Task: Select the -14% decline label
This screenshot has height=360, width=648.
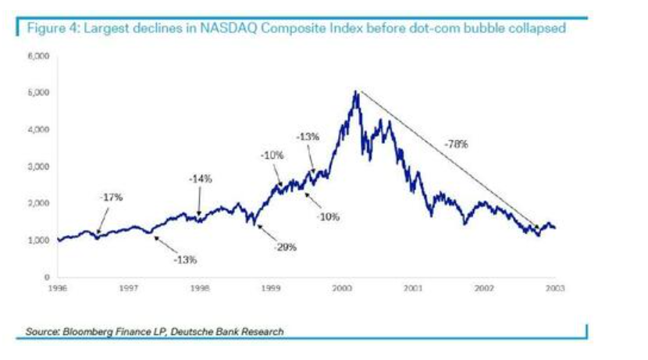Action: pyautogui.click(x=201, y=179)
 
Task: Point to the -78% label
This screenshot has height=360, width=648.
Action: pyautogui.click(x=457, y=144)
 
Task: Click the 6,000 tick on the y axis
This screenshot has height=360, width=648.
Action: pyautogui.click(x=40, y=57)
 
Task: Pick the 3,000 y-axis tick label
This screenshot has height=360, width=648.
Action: pyautogui.click(x=40, y=166)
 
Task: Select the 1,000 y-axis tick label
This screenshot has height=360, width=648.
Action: pyautogui.click(x=40, y=240)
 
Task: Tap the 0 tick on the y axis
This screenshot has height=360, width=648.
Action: pyautogui.click(x=47, y=276)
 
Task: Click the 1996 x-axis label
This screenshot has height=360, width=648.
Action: pyautogui.click(x=58, y=288)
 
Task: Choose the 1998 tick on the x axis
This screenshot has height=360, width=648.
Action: pyautogui.click(x=200, y=288)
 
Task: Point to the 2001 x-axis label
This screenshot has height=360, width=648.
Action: pyautogui.click(x=413, y=288)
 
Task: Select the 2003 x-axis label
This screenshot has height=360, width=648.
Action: pyautogui.click(x=554, y=288)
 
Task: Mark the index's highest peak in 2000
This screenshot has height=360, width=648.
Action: pyautogui.click(x=356, y=91)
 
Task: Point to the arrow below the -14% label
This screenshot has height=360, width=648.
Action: pyautogui.click(x=199, y=205)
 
